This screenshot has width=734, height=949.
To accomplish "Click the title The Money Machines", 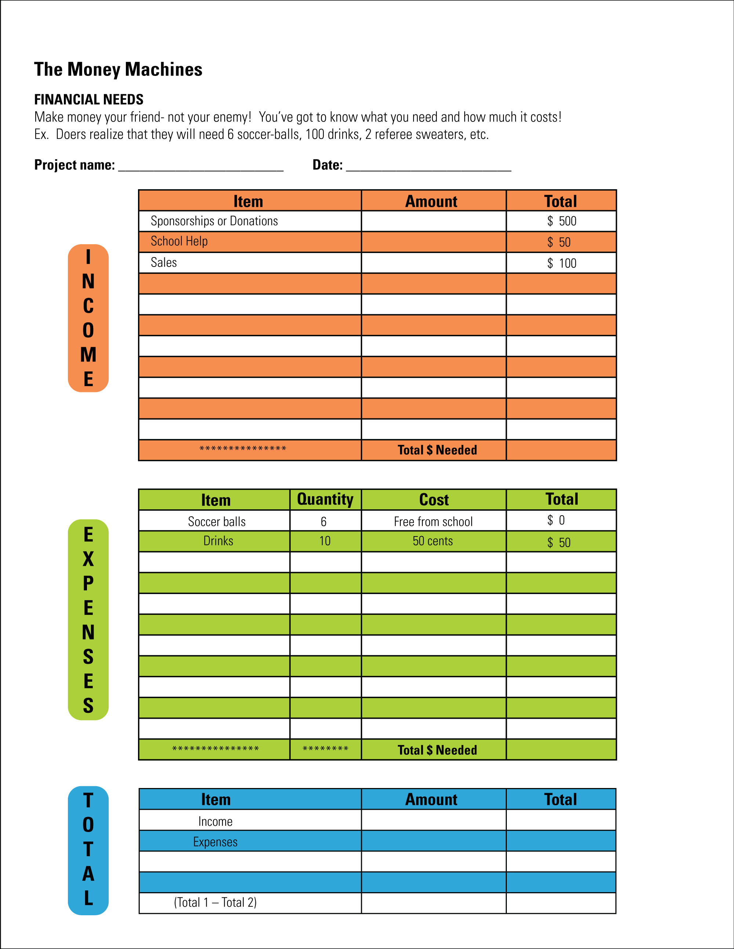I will [118, 70].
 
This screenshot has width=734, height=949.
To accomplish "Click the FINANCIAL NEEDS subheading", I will [89, 99].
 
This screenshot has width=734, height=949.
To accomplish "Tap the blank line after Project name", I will [200, 167].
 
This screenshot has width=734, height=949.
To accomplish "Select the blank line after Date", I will [428, 167].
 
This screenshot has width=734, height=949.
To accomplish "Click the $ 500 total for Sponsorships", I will [562, 221].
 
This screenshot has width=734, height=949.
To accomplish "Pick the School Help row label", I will [179, 242].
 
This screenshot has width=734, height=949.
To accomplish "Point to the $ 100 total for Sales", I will [562, 263].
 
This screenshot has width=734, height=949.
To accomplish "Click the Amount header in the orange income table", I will [431, 201].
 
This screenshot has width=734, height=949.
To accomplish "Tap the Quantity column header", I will [325, 500].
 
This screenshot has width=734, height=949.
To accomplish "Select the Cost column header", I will [433, 500].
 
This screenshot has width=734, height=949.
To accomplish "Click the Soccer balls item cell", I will [217, 521].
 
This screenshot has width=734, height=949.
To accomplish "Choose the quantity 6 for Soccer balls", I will [324, 521].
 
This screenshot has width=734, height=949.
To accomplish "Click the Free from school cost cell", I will [433, 521].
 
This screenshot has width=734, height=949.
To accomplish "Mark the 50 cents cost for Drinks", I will [433, 541].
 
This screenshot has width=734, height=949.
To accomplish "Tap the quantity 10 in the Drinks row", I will [325, 541].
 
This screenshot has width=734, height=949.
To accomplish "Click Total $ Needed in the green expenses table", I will [437, 750].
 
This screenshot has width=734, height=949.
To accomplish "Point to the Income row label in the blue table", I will [215, 821].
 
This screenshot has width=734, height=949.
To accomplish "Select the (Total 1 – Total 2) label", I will [215, 902].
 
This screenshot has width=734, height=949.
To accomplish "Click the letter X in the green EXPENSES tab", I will [88, 559].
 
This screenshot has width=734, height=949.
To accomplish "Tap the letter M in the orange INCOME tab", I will [88, 355].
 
